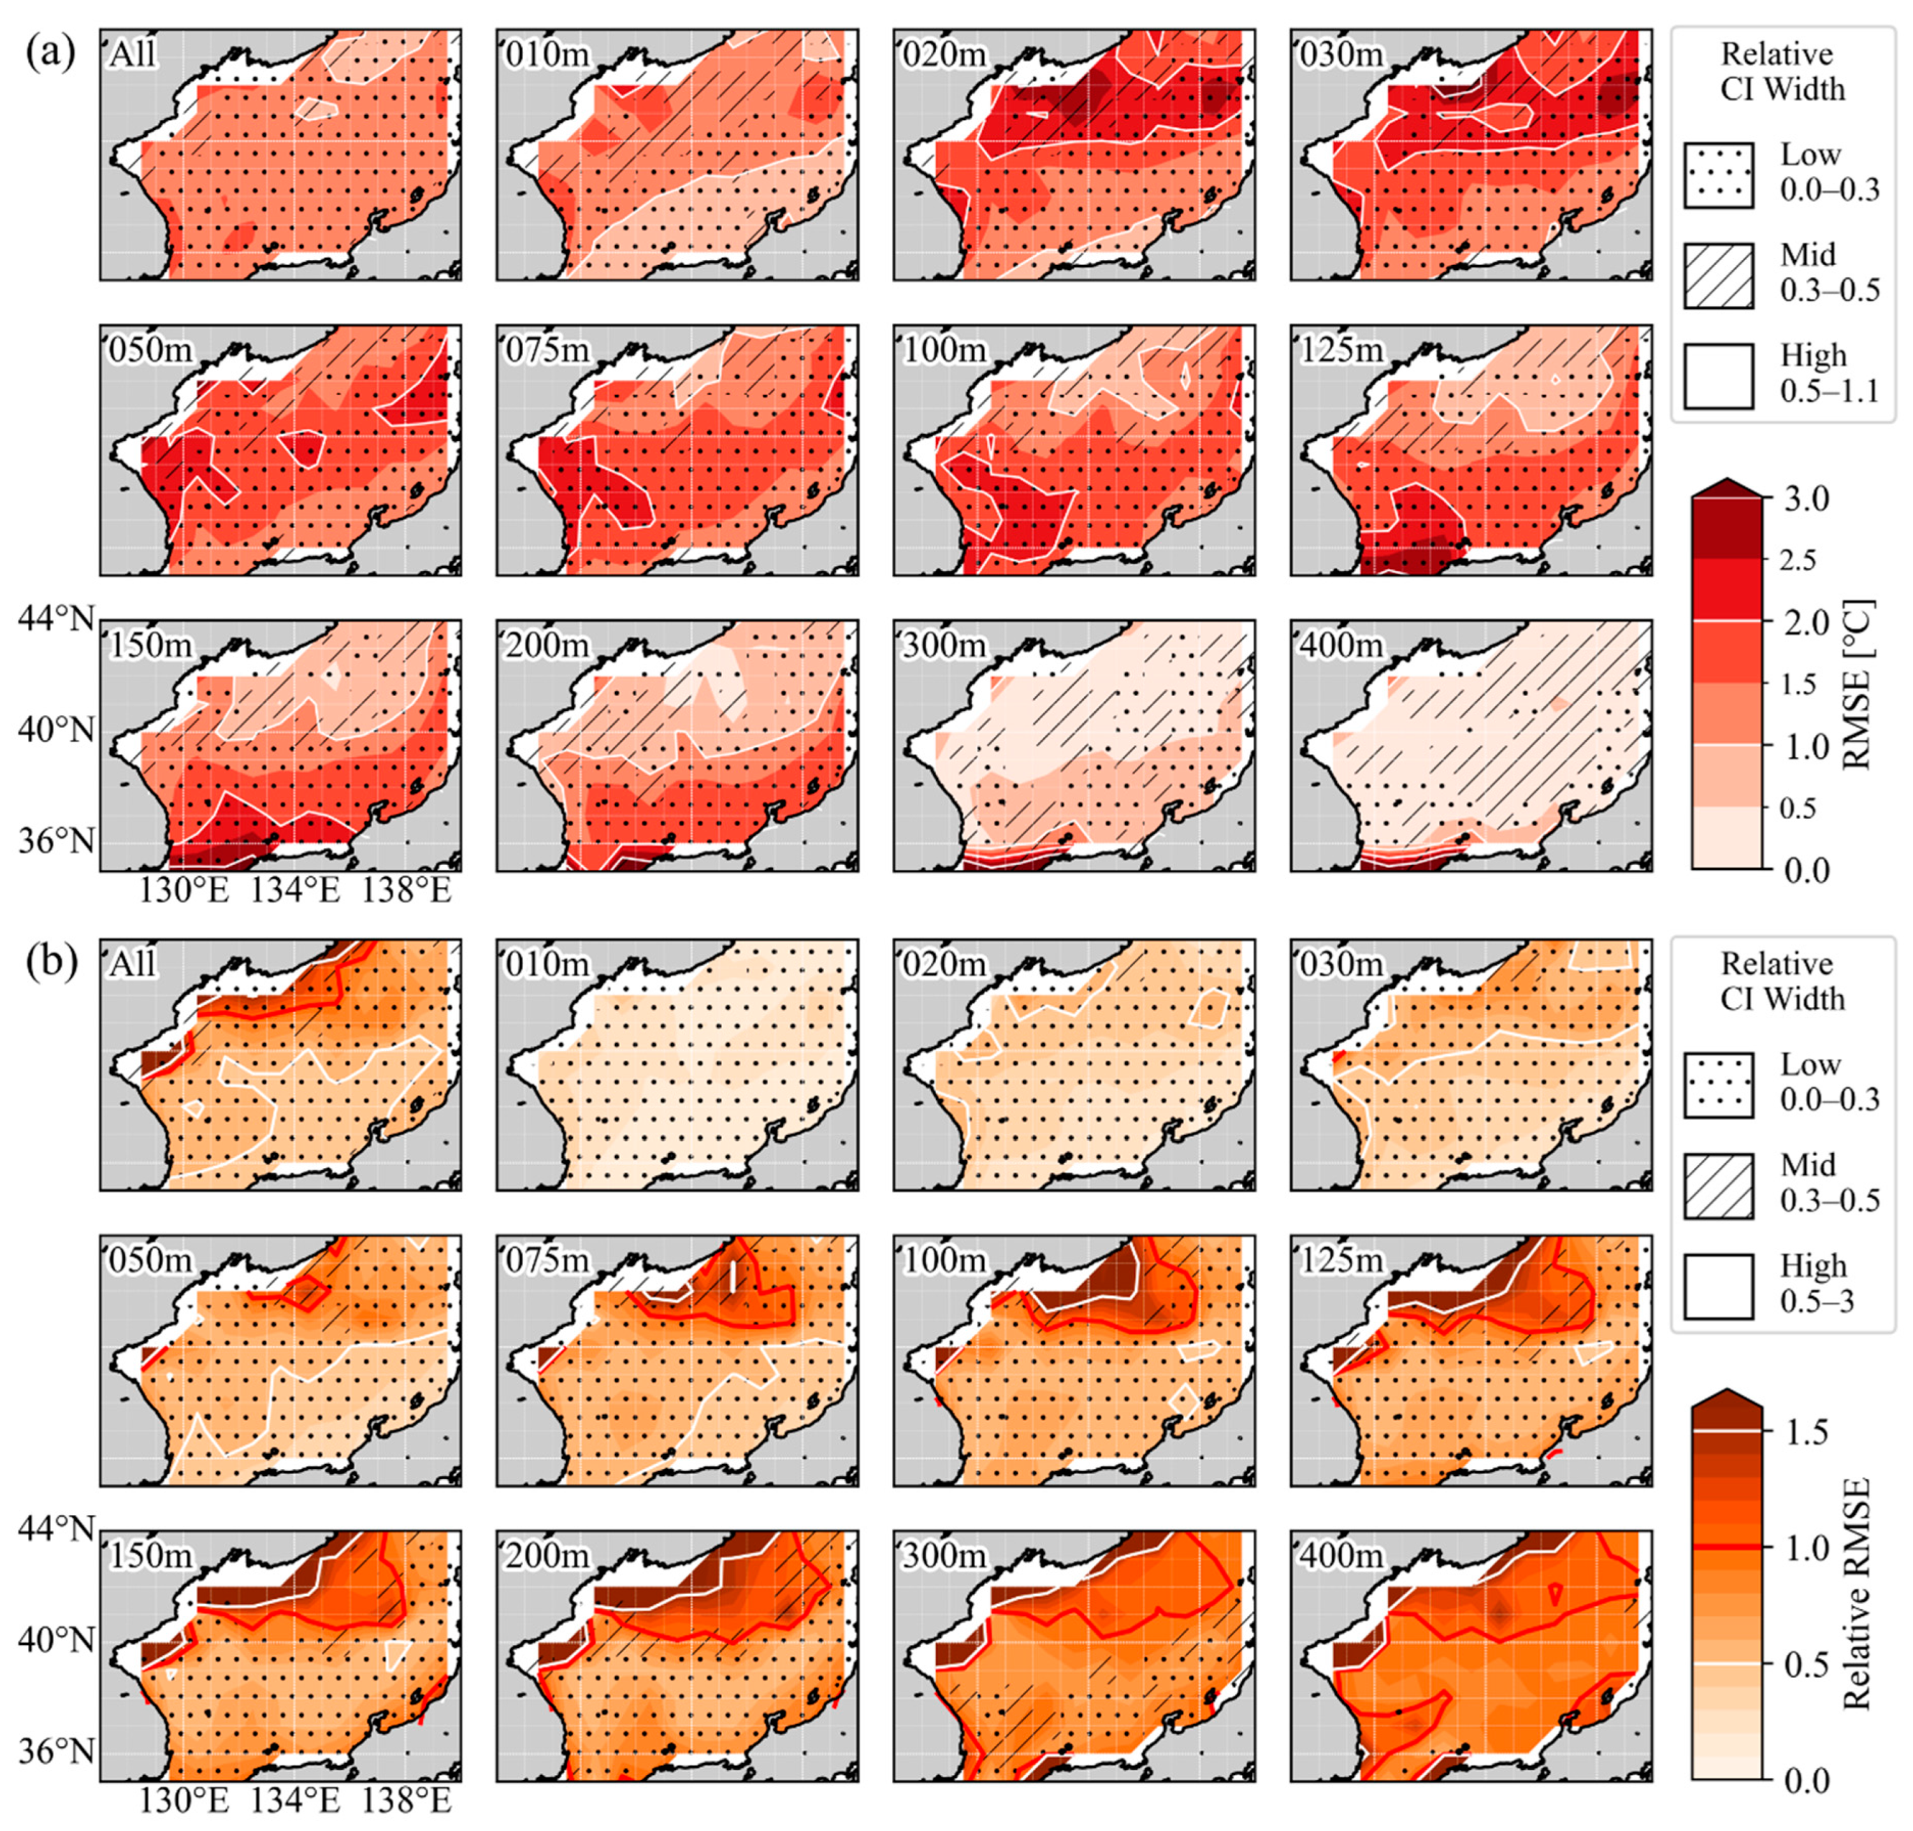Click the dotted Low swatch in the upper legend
(x=1718, y=176)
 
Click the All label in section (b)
(x=132, y=964)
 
